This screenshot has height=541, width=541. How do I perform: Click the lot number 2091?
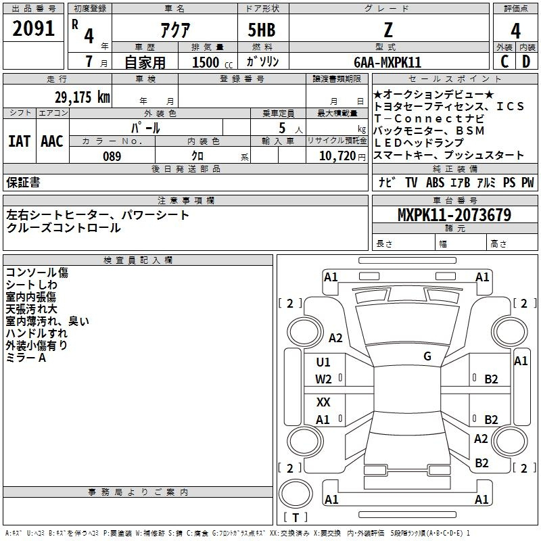click(x=33, y=28)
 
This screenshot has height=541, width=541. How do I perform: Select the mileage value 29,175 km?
click(x=83, y=97)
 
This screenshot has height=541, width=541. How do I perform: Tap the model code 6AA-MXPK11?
click(x=387, y=62)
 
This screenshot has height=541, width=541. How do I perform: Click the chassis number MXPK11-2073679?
click(x=454, y=214)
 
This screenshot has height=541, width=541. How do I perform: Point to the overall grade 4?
click(x=515, y=31)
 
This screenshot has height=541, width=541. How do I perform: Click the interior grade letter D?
click(x=526, y=62)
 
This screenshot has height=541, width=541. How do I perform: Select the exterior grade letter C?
click(x=504, y=62)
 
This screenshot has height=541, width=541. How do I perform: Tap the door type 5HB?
click(x=262, y=30)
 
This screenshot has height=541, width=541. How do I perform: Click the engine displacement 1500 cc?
click(x=212, y=62)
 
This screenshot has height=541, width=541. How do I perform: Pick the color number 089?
click(x=112, y=156)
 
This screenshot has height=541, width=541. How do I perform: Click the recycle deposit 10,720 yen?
click(x=342, y=156)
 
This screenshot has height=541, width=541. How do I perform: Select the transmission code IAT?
click(x=19, y=141)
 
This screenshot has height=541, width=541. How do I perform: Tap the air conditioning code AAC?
click(x=52, y=141)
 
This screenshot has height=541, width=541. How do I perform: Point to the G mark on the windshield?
click(x=427, y=356)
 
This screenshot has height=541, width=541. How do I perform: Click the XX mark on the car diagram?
click(x=323, y=402)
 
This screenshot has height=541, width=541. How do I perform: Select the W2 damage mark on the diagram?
click(x=323, y=379)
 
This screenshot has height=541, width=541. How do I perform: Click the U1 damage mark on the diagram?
click(x=323, y=362)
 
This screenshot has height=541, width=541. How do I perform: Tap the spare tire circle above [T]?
click(x=296, y=494)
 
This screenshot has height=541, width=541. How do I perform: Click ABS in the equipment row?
click(x=435, y=183)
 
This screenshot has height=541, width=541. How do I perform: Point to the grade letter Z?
click(x=388, y=30)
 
